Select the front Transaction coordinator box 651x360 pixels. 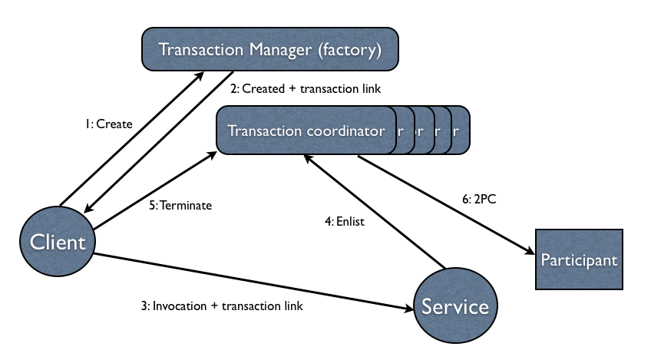[x=306, y=130]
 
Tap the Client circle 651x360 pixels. [x=57, y=243]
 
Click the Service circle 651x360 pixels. [x=454, y=307]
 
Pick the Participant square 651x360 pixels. [x=579, y=259]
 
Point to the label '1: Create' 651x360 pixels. [x=109, y=124]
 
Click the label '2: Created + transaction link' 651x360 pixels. [x=306, y=89]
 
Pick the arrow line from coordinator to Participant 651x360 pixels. [x=445, y=203]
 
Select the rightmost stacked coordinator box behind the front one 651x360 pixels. [x=459, y=130]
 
